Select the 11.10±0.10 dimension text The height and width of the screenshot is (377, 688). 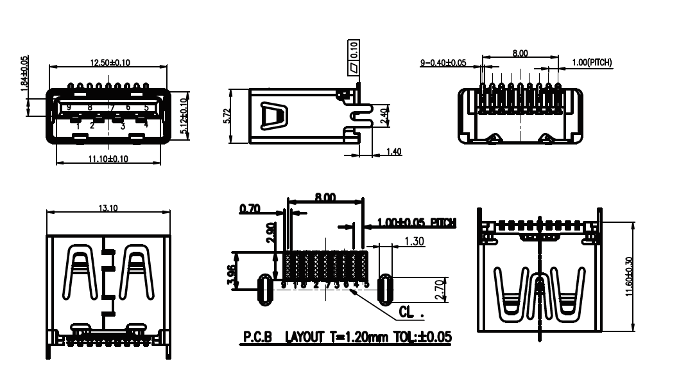[x=109, y=159]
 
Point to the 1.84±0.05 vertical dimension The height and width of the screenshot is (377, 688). [x=25, y=75]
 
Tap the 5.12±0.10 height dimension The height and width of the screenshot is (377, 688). [x=184, y=116]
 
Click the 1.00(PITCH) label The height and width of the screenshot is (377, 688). [x=592, y=62]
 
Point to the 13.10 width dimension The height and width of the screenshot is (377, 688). [x=108, y=209]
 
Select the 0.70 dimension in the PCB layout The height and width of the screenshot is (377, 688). [x=248, y=209]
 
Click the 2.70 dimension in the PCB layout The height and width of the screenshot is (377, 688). [x=439, y=289]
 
